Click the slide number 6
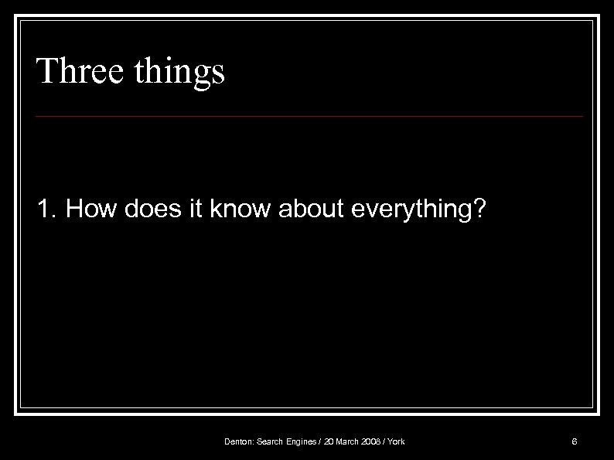tap(574, 442)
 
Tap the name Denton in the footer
tap(238, 442)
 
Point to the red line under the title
tap(309, 117)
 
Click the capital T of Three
tap(46, 71)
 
